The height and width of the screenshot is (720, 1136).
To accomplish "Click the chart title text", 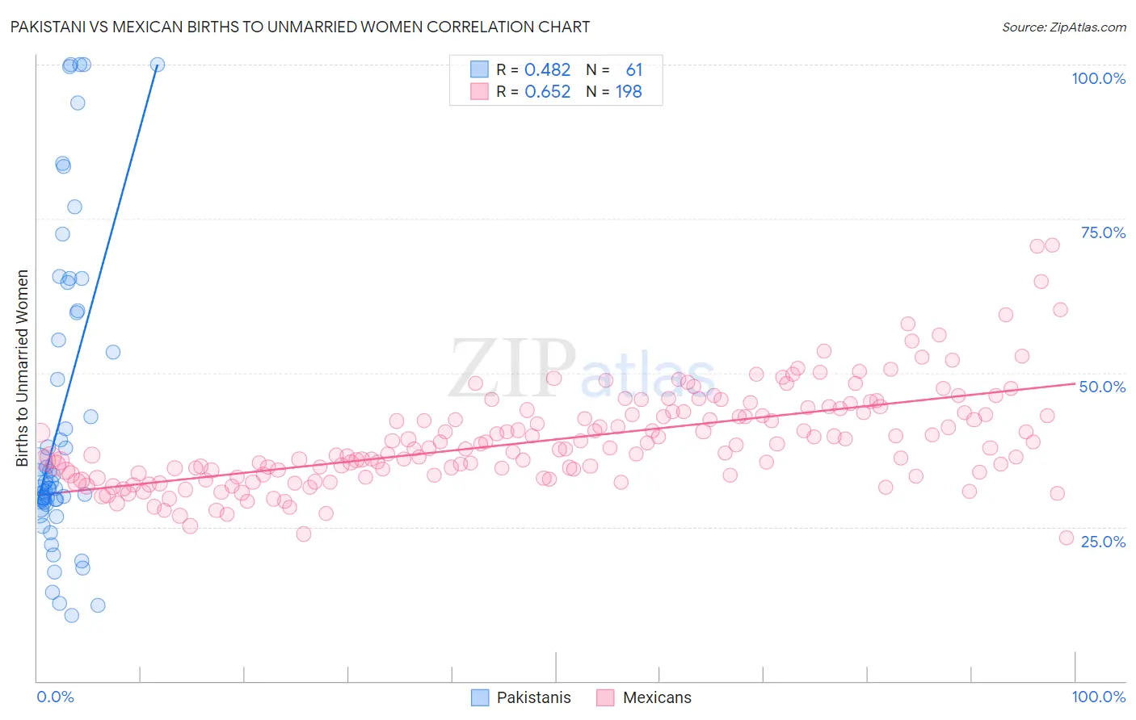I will click(x=300, y=27).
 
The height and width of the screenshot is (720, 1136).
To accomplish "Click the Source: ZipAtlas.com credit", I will click(x=1063, y=27).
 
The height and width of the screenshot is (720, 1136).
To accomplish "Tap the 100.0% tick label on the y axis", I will click(x=1098, y=78).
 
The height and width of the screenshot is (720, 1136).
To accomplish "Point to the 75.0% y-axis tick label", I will click(x=1103, y=232).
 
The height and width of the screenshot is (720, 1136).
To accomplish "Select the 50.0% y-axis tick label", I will click(x=1102, y=387).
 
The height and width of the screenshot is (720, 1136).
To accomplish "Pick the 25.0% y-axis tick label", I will click(x=1103, y=541).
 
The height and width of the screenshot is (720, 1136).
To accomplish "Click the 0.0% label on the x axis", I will click(x=55, y=697).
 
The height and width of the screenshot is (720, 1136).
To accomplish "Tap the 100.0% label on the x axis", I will click(x=1098, y=697).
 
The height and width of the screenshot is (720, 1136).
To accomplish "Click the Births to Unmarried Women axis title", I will click(x=22, y=368).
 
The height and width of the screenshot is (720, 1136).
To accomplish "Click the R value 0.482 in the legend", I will click(x=547, y=70).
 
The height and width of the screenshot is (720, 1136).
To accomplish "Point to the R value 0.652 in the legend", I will click(x=547, y=92).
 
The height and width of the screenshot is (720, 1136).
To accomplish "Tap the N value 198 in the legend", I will click(x=629, y=92).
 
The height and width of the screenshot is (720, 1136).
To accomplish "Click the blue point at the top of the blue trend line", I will click(x=158, y=65).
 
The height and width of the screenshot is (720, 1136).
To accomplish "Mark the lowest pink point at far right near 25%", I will click(x=1066, y=538).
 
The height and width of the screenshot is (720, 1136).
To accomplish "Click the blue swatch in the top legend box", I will click(x=479, y=69).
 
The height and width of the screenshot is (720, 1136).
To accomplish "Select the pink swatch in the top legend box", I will click(x=479, y=91).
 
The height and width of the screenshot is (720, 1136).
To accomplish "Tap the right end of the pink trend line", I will click(x=1075, y=384).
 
